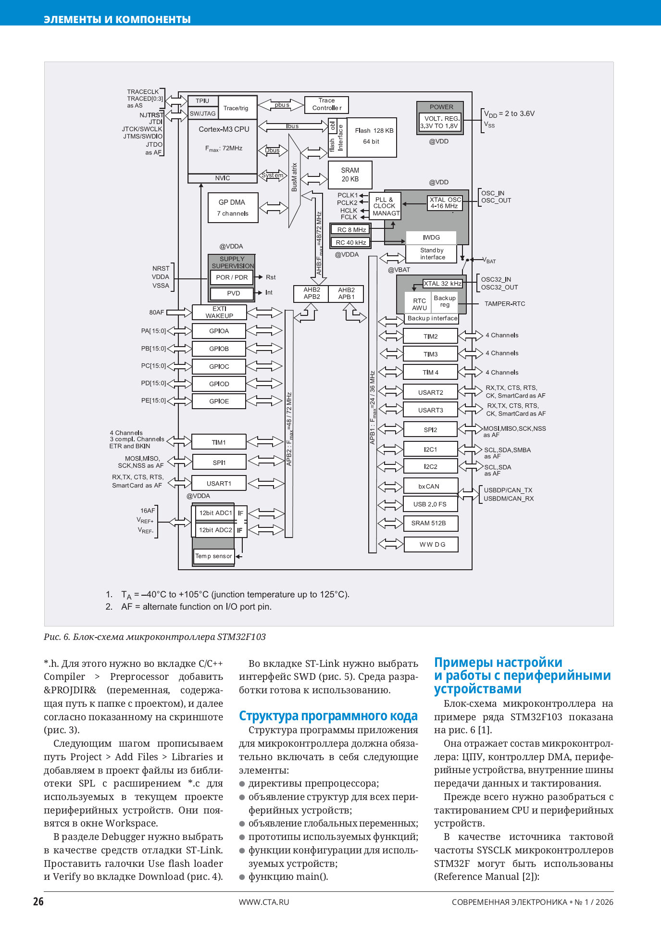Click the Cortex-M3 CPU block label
[224, 129]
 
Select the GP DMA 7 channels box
[233, 208]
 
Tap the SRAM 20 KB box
[350, 175]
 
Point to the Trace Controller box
[326, 104]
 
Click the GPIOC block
[219, 366]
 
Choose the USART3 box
[430, 410]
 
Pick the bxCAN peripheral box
[430, 486]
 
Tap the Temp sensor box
[213, 556]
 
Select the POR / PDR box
[232, 277]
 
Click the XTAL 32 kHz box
[442, 284]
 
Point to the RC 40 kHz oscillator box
[350, 242]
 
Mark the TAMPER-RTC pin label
[504, 304]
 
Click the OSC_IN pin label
[493, 193]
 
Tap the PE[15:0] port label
[153, 400]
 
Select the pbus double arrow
[282, 104]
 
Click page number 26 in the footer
[38, 901]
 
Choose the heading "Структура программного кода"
[328, 716]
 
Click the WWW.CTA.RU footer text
[264, 902]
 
